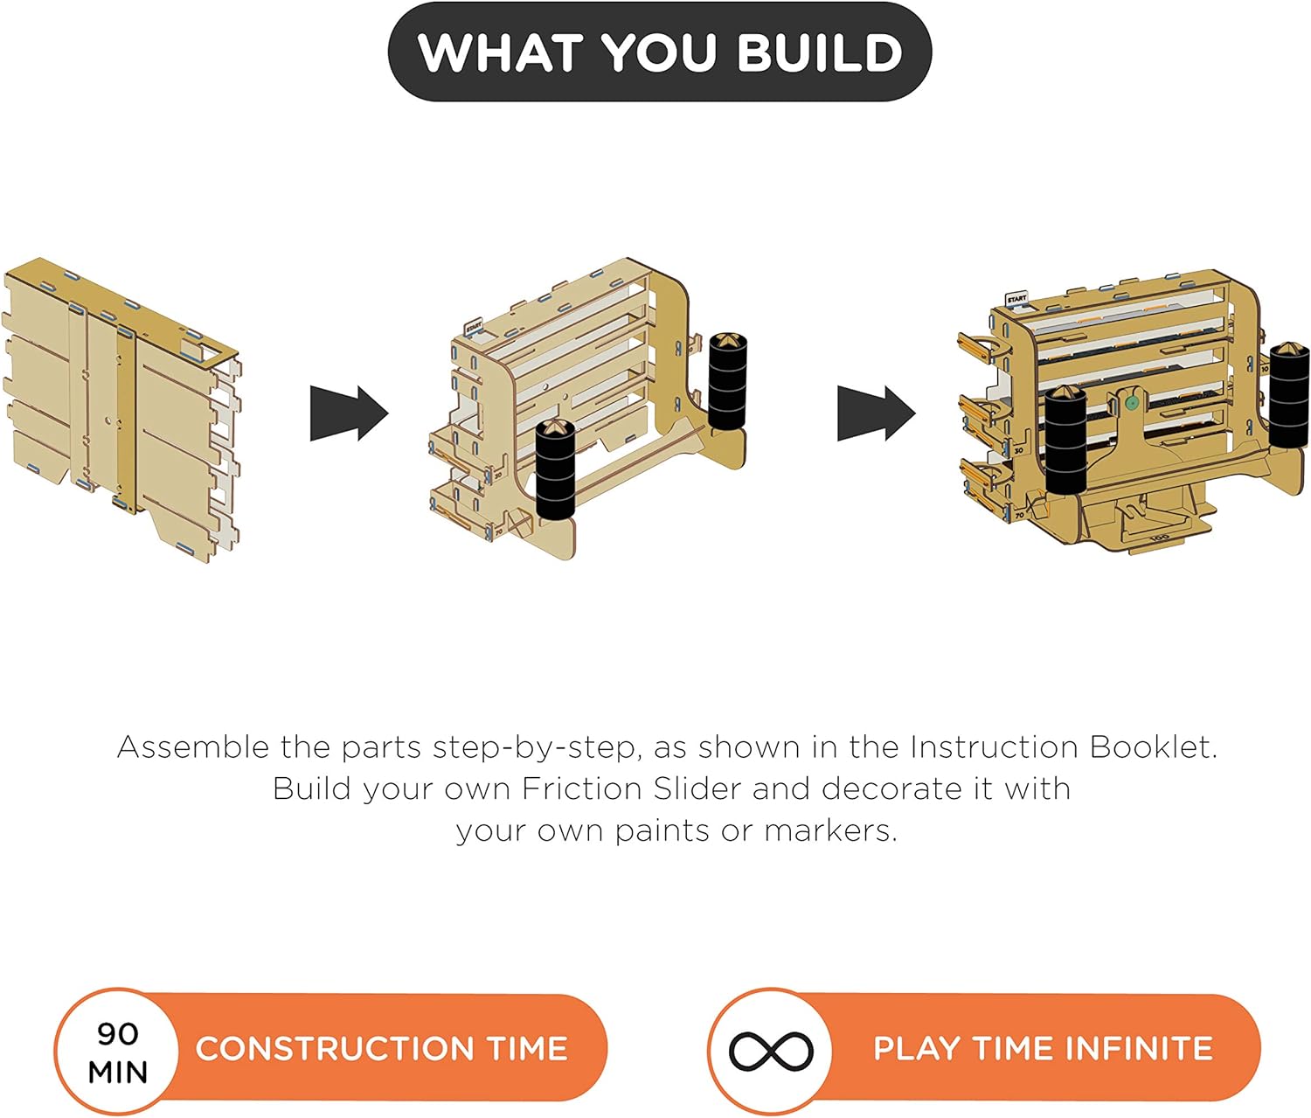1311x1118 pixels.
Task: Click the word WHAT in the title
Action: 500,52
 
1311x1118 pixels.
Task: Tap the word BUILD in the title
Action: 820,52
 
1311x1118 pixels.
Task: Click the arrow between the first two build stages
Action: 349,413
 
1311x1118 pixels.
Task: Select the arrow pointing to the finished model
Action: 877,413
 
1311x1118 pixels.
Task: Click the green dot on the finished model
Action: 1130,402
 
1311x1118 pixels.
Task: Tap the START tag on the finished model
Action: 1016,298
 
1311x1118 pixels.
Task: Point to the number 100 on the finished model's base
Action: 1159,538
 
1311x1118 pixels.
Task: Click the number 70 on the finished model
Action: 1019,515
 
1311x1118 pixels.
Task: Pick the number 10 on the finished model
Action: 1265,369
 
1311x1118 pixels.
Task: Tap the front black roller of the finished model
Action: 1065,441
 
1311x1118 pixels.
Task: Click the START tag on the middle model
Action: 474,328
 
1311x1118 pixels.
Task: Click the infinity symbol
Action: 771,1052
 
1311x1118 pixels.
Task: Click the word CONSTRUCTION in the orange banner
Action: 335,1048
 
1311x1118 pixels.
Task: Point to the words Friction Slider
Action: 631,789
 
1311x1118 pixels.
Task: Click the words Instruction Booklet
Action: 1062,747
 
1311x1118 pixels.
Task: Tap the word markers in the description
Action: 831,832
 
